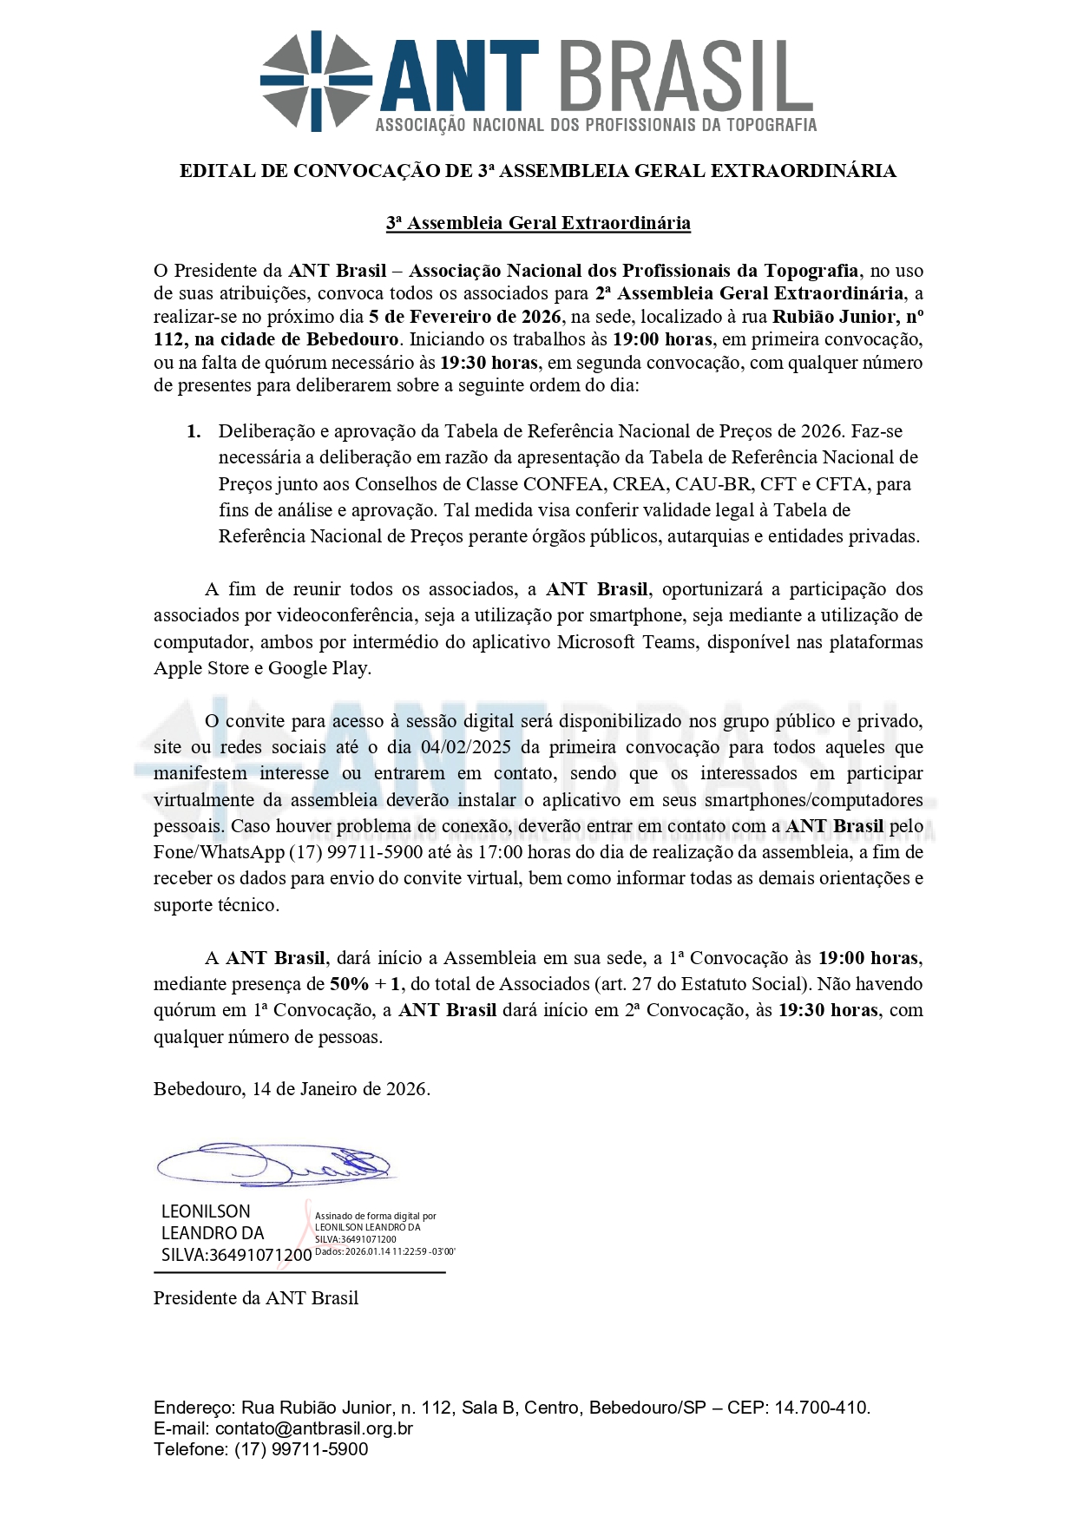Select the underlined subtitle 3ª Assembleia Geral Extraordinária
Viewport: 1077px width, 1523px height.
click(x=538, y=223)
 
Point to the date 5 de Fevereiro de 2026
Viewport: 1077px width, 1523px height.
click(x=464, y=317)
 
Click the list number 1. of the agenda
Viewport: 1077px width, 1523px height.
click(x=194, y=431)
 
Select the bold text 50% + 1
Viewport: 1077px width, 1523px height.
click(x=365, y=984)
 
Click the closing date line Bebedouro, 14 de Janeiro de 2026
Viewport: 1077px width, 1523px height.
click(x=292, y=1089)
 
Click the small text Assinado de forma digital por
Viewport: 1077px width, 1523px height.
click(x=375, y=1217)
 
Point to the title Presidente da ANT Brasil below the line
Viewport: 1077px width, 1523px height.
click(x=256, y=1298)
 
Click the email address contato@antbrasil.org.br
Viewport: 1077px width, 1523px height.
click(x=314, y=1428)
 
